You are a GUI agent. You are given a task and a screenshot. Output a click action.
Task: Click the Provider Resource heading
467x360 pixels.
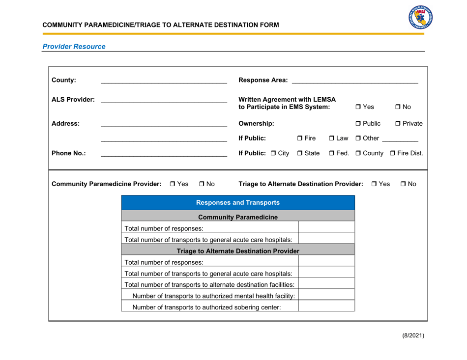pos(74,47)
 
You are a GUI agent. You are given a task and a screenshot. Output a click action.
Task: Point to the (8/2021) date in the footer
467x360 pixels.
pos(410,336)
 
